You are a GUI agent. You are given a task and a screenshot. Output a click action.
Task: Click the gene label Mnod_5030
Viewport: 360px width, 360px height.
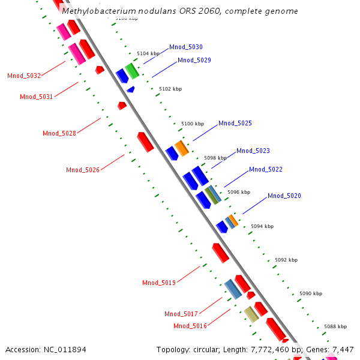click(185, 47)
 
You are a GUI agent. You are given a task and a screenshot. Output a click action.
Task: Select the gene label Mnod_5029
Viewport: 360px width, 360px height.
click(194, 60)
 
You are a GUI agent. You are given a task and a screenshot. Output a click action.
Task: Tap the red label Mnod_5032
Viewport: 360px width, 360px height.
click(24, 76)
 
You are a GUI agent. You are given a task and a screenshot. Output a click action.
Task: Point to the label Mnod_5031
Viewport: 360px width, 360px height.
click(36, 97)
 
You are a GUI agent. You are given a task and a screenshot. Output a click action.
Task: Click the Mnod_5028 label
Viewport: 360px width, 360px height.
click(59, 133)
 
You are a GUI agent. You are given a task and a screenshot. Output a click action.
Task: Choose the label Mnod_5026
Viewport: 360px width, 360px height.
click(82, 170)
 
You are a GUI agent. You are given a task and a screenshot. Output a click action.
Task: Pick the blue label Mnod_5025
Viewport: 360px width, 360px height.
click(235, 123)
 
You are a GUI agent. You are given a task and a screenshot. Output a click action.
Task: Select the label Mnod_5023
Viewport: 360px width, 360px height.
click(253, 151)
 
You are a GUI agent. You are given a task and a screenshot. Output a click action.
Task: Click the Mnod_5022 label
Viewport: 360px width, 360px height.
click(265, 169)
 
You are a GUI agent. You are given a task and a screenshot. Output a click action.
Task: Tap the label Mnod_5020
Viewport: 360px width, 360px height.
click(284, 196)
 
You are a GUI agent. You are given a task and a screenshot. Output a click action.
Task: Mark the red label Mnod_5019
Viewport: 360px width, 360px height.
click(158, 283)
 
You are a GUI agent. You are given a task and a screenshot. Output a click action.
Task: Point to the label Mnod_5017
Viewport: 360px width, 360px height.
click(181, 314)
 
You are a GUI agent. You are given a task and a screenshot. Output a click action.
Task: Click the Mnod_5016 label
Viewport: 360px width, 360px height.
click(190, 326)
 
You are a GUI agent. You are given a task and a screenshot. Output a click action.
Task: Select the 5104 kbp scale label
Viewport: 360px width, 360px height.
click(148, 53)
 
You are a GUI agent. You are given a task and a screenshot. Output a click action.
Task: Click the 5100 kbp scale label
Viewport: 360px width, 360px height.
click(193, 123)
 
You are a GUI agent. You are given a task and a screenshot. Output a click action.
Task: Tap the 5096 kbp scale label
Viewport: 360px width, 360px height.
click(238, 192)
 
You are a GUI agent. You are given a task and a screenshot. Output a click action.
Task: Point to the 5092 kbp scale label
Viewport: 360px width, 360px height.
click(286, 260)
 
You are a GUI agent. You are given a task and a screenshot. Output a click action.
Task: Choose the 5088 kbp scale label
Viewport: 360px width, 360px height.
click(335, 326)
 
